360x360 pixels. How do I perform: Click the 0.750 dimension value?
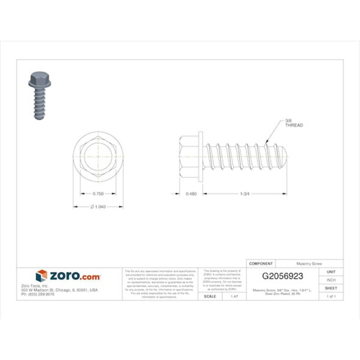(x=97, y=193)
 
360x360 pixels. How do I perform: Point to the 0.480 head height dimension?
(x=190, y=193)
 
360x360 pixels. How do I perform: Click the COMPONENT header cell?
(x=262, y=264)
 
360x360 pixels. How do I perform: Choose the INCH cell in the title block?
(x=331, y=279)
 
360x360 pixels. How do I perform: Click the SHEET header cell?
(x=331, y=287)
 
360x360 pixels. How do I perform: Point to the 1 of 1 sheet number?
(x=331, y=296)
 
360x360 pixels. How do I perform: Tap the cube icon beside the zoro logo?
(x=41, y=276)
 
